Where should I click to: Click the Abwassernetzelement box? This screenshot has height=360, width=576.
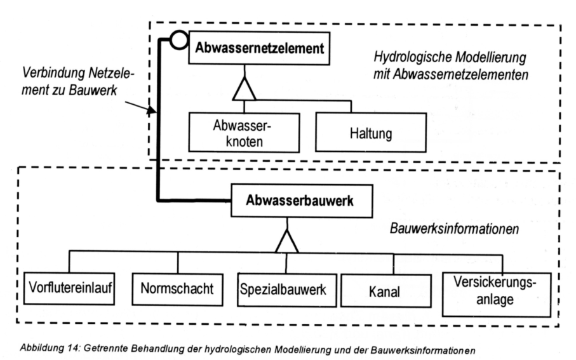pos(260,48)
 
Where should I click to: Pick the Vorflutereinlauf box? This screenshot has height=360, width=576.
pos(70,289)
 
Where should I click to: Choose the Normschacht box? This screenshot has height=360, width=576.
pos(178,289)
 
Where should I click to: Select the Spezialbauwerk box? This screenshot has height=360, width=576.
pos(283,289)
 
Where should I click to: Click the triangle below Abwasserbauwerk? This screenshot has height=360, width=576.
pos(287,239)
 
